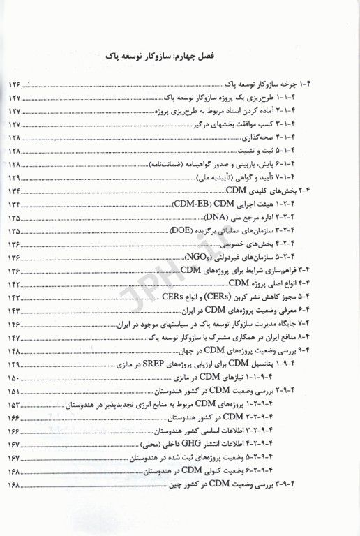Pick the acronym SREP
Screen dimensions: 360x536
pos(167,364)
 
